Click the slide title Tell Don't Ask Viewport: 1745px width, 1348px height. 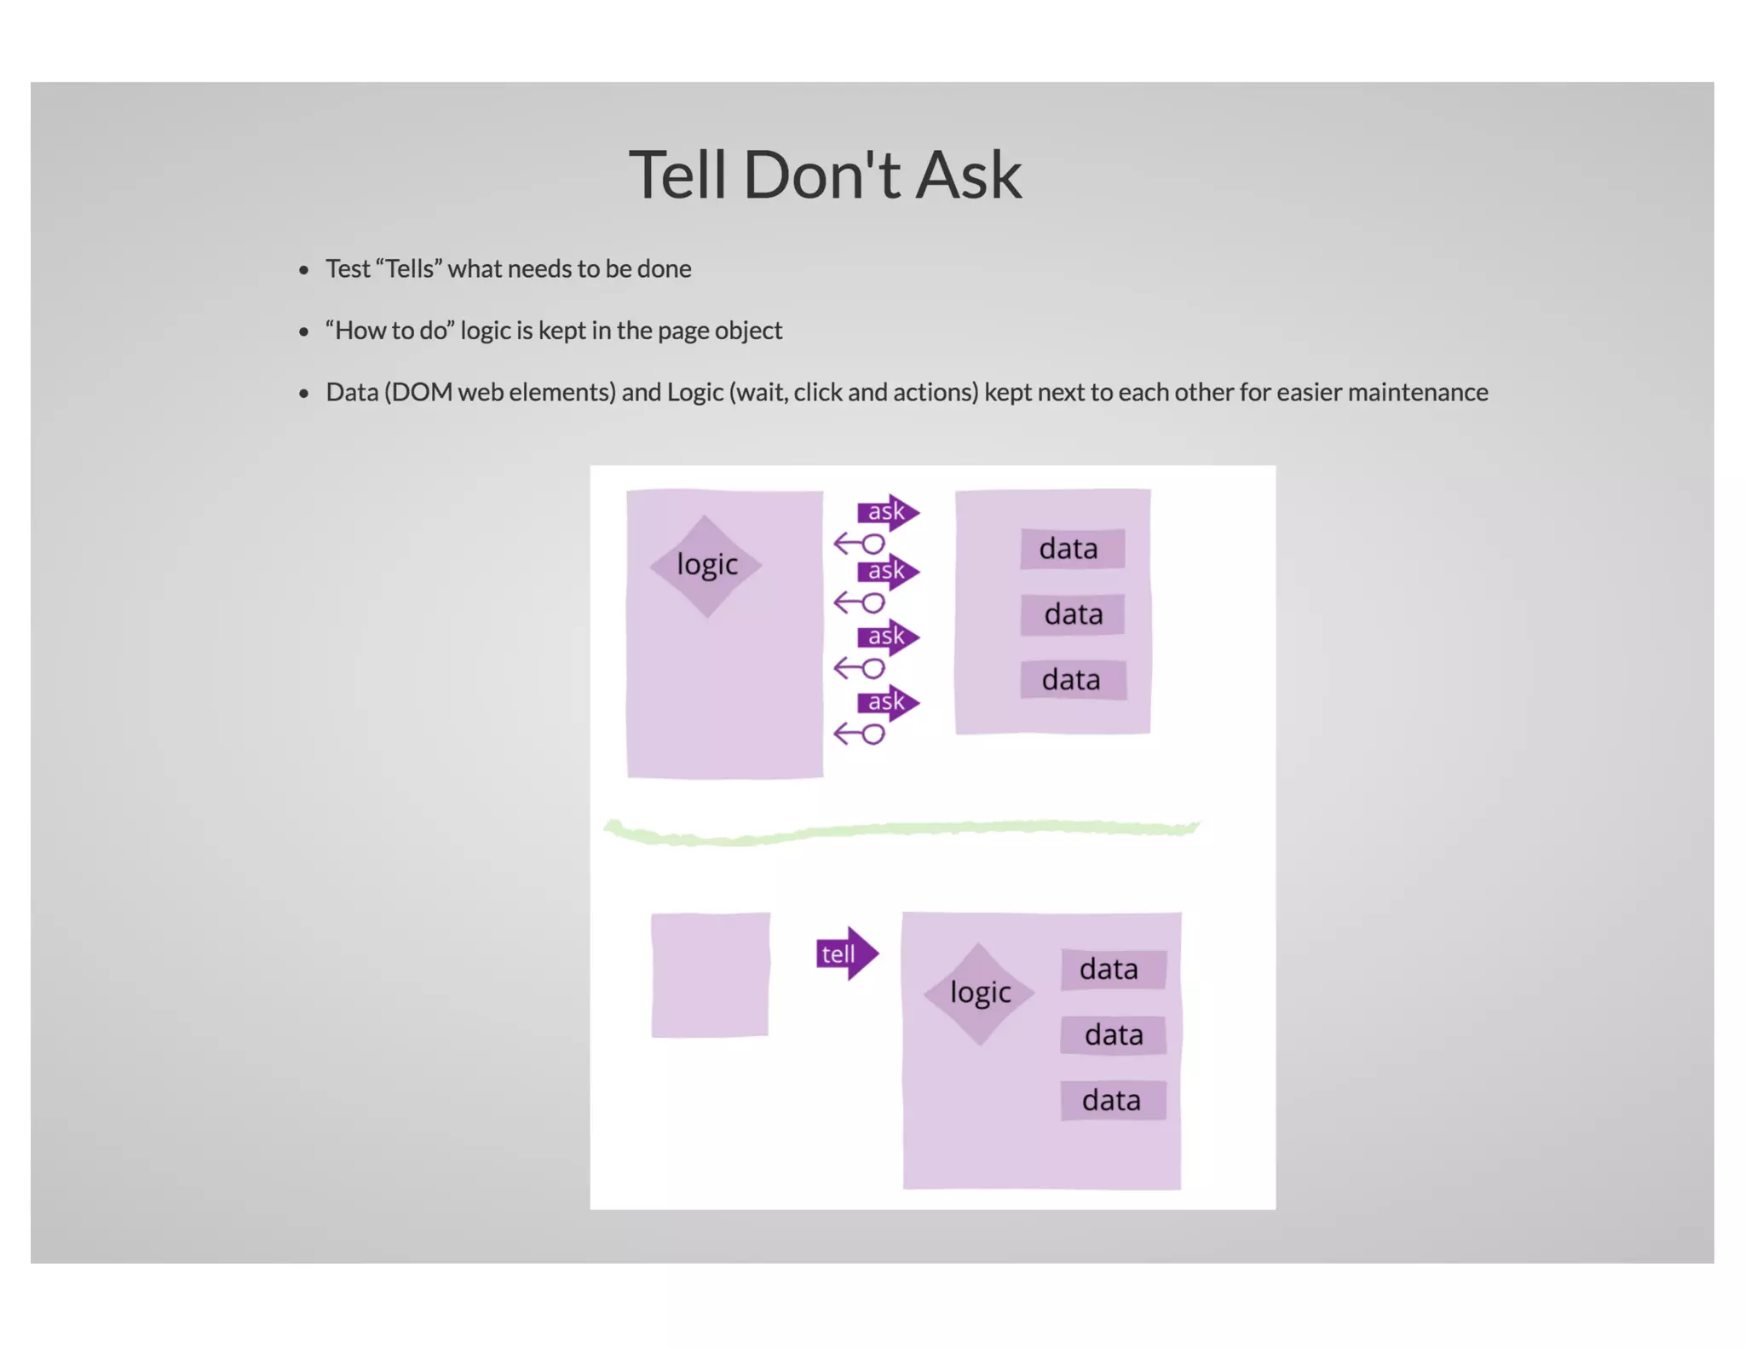pos(824,175)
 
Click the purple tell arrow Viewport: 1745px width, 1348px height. pos(845,953)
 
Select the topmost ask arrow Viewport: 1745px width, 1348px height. pos(888,512)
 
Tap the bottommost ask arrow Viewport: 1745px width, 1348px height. pos(888,702)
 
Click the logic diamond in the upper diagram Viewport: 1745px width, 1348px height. pos(706,565)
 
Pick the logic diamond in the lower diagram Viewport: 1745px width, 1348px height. pos(980,994)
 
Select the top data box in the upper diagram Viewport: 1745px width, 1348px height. pos(1071,549)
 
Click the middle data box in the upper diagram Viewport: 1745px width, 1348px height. pos(1073,614)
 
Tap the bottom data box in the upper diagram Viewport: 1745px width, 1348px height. pos(1072,680)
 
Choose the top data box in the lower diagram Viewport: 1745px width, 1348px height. pos(1112,970)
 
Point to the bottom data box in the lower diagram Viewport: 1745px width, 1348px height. pos(1112,1101)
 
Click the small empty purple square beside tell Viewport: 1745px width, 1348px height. pos(710,975)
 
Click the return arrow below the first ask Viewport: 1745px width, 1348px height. pos(859,544)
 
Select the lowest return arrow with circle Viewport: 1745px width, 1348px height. pos(859,734)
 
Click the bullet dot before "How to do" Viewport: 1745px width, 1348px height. pos(303,332)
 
